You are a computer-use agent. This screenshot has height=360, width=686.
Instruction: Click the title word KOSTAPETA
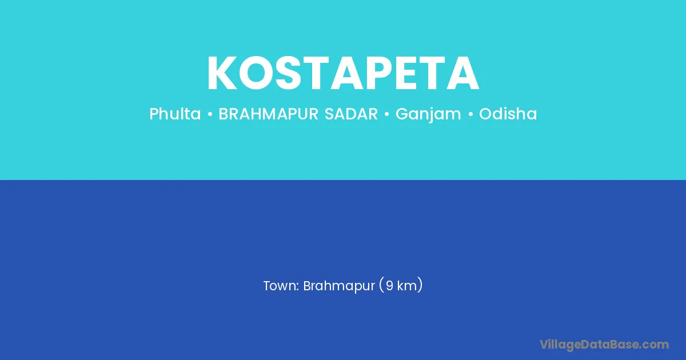[x=343, y=73]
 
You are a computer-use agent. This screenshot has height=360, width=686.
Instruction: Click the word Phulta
[x=175, y=114]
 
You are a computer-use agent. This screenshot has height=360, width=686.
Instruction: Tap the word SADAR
[x=351, y=114]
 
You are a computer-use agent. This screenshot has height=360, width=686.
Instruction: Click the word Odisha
[x=508, y=114]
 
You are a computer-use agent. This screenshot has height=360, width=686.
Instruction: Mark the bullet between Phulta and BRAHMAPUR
[x=210, y=114]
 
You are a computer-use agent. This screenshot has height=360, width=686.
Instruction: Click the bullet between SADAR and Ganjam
[x=387, y=114]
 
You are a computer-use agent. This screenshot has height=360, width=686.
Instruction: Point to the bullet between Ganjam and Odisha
[x=470, y=114]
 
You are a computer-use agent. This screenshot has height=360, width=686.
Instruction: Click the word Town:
[x=281, y=286]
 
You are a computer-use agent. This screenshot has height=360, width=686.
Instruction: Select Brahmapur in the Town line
[x=339, y=286]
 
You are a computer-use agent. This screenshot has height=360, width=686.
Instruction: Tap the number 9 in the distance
[x=389, y=286]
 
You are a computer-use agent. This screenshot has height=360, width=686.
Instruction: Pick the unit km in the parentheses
[x=407, y=286]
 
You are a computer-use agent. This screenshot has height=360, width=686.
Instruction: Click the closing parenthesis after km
[x=420, y=286]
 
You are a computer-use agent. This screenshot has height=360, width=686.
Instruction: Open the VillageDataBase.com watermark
[x=604, y=345]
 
